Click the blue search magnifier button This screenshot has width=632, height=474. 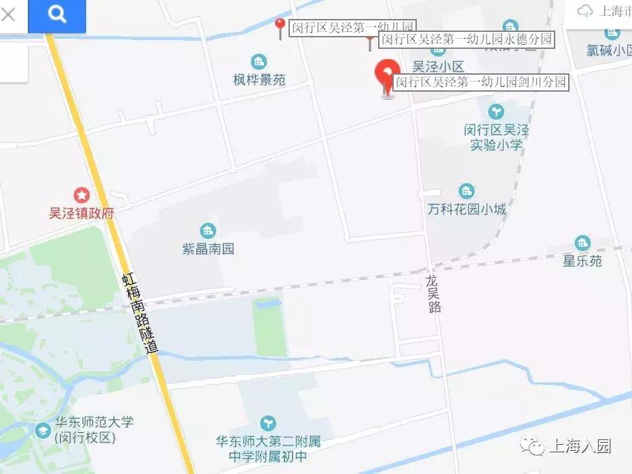pyautogui.click(x=57, y=15)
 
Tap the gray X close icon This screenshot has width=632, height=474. pyautogui.click(x=8, y=14)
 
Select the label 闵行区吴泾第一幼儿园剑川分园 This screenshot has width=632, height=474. pyautogui.click(x=481, y=82)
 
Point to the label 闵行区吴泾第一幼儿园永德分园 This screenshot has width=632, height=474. pyautogui.click(x=466, y=40)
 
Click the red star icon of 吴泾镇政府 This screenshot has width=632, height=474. pyautogui.click(x=81, y=196)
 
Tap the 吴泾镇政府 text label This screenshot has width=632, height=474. pyautogui.click(x=81, y=213)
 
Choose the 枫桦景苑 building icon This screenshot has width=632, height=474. pyautogui.click(x=259, y=61)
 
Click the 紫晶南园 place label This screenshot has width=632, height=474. pyautogui.click(x=208, y=249)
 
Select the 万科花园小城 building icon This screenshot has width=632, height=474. pyautogui.click(x=466, y=191)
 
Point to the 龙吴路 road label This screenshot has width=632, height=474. pyautogui.click(x=434, y=294)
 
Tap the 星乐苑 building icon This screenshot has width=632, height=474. pyautogui.click(x=582, y=242)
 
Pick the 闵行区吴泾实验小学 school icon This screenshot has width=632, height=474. pyautogui.click(x=497, y=109)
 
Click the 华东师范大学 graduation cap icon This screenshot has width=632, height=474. pyautogui.click(x=43, y=431)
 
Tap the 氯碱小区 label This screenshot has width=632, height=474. pyautogui.click(x=609, y=50)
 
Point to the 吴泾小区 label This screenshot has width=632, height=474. pyautogui.click(x=438, y=67)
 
